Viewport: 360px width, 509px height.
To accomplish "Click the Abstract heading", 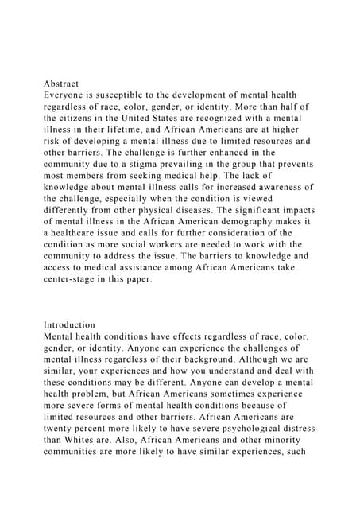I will tap(61, 82).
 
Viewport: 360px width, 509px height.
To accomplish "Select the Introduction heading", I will tap(69, 325).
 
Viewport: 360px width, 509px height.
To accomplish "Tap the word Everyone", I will tap(66, 94).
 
